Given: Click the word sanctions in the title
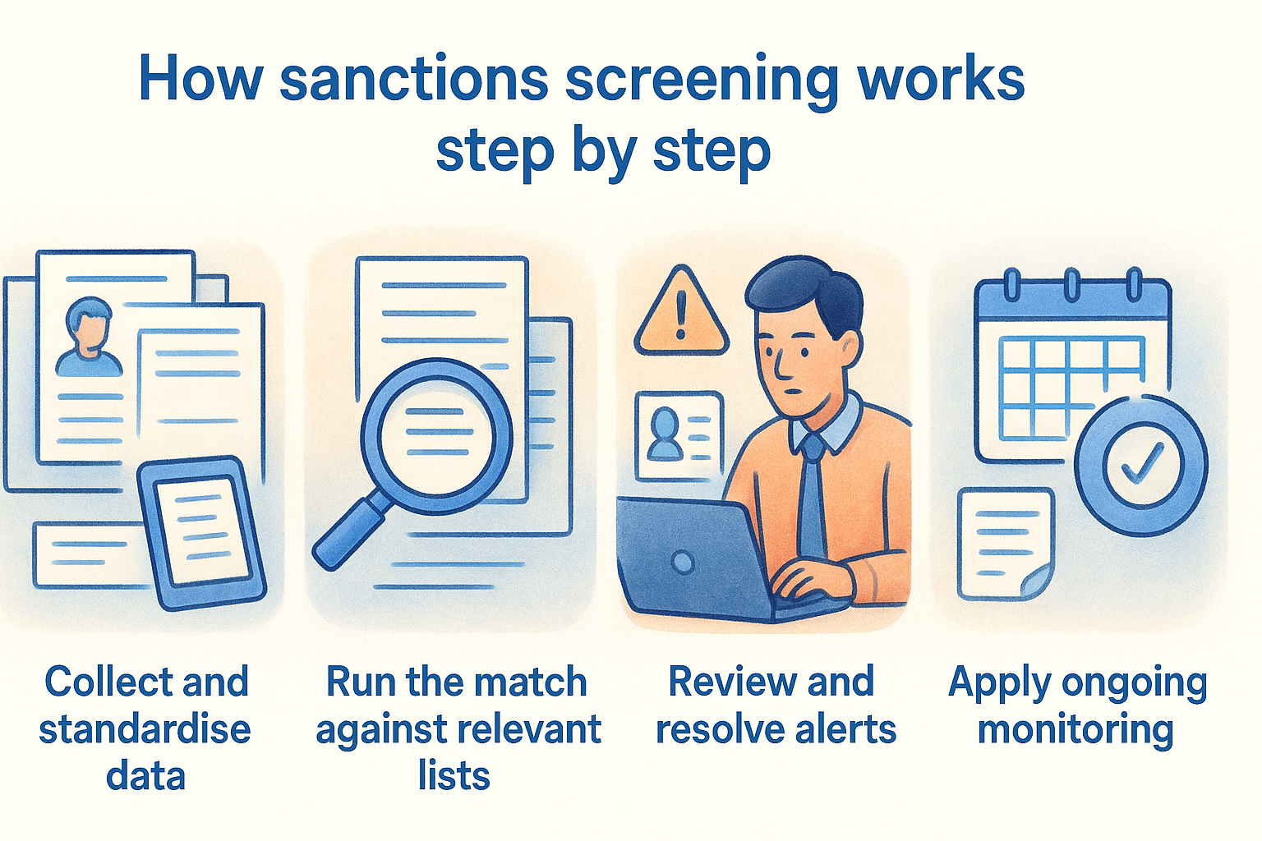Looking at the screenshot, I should [x=413, y=80].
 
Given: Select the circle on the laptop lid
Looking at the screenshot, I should [x=682, y=563].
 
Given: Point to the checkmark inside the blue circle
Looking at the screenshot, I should [x=1142, y=463].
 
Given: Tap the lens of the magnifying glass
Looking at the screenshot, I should [x=436, y=435].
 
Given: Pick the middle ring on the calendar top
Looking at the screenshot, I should [x=1072, y=284].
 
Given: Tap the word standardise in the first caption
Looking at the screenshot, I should [x=145, y=729].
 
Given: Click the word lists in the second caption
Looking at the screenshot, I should [x=454, y=775].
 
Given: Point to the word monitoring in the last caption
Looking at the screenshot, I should [x=1075, y=729].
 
